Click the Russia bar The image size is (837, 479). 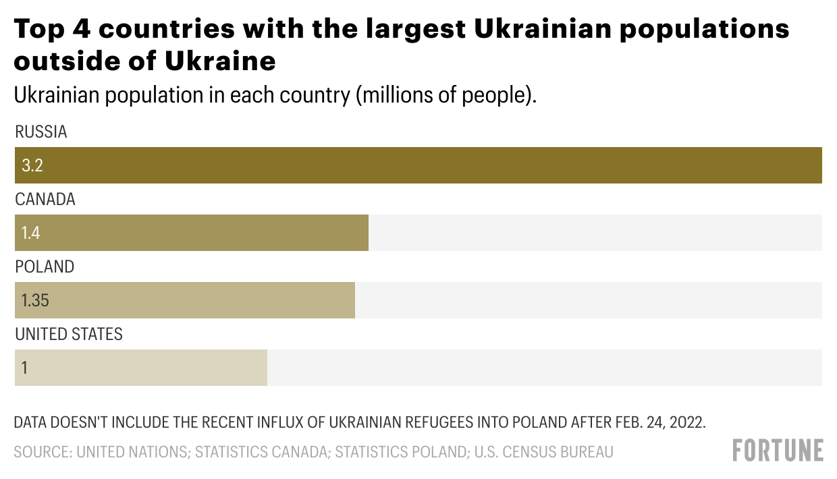[418, 165]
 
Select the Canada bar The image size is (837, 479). [192, 233]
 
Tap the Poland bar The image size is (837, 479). [185, 300]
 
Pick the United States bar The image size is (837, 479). [141, 368]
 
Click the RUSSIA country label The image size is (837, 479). [41, 132]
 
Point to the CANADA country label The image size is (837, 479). [45, 200]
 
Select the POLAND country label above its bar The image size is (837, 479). [45, 267]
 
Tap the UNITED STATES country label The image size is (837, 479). [69, 335]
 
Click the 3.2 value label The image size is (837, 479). [32, 165]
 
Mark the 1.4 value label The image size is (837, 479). [30, 233]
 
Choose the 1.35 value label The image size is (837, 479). [35, 300]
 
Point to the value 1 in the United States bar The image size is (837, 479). [24, 368]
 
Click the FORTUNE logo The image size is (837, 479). [778, 450]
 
